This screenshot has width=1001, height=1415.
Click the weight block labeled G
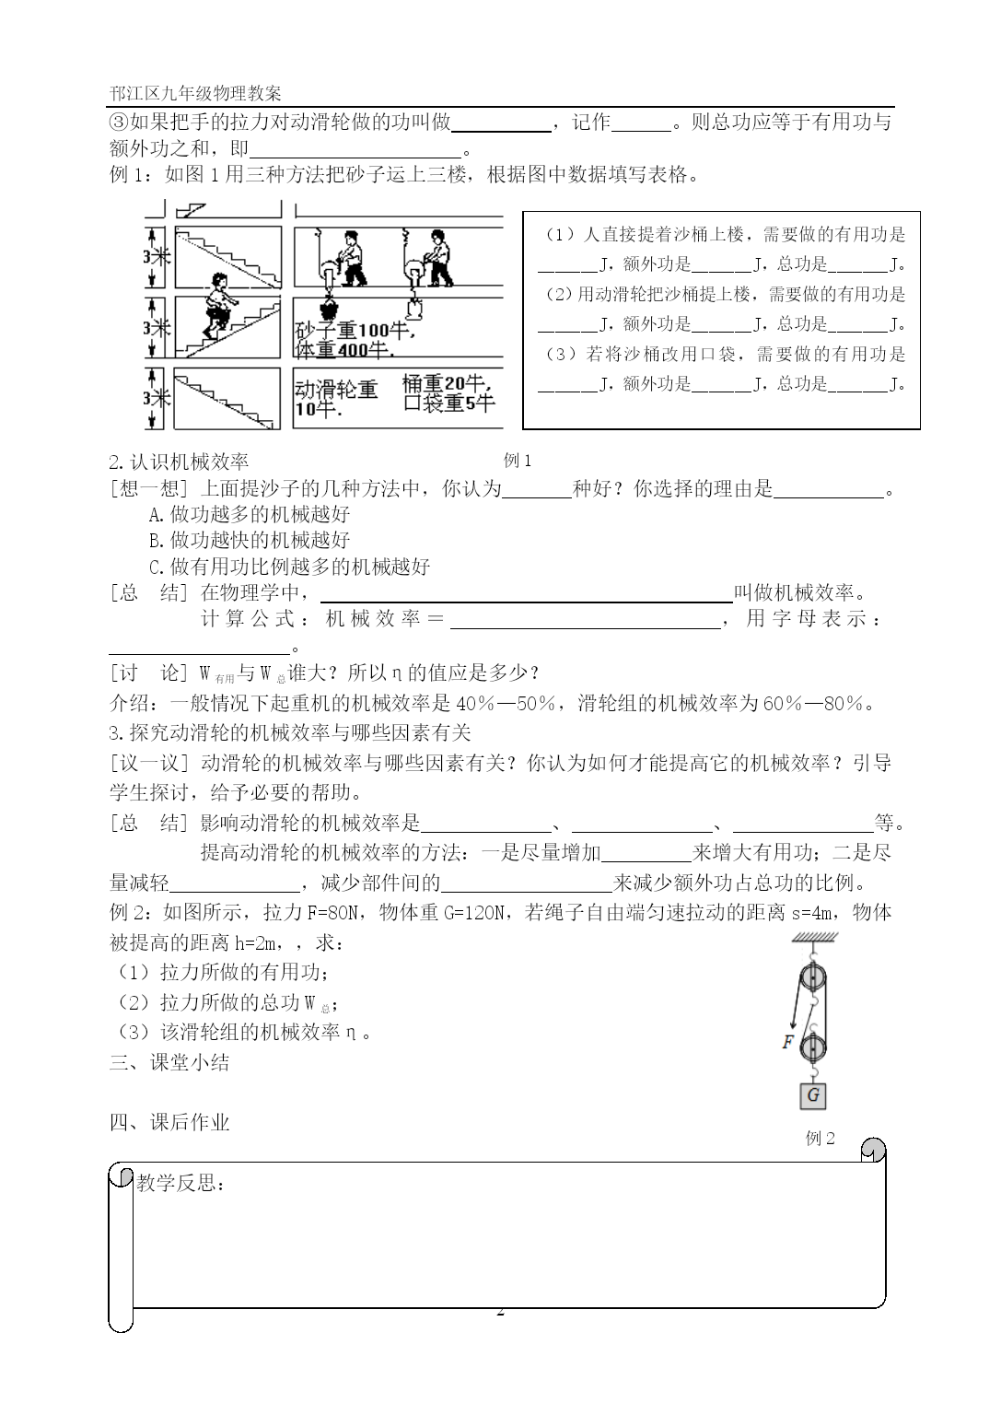pyautogui.click(x=812, y=1095)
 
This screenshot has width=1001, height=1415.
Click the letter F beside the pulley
pyautogui.click(x=788, y=1042)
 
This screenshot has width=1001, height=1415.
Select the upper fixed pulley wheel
pyautogui.click(x=812, y=978)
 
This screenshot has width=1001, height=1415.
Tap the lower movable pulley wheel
pyautogui.click(x=813, y=1047)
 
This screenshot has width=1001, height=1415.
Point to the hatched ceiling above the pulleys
pyautogui.click(x=813, y=938)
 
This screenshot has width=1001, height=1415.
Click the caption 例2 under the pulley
pyautogui.click(x=820, y=1138)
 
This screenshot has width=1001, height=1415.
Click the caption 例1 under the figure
pyautogui.click(x=518, y=460)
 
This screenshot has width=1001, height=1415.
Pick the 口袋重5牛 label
pyautogui.click(x=449, y=403)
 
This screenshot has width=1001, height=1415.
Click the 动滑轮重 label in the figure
pyautogui.click(x=336, y=390)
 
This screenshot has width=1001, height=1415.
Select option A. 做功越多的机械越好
pyautogui.click(x=250, y=514)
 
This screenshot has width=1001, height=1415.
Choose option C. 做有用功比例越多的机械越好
pyautogui.click(x=289, y=566)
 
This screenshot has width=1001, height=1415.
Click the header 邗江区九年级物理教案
pyautogui.click(x=195, y=94)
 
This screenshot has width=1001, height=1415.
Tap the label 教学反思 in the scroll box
pyautogui.click(x=180, y=1183)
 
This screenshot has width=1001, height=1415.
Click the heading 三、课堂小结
pyautogui.click(x=169, y=1062)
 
